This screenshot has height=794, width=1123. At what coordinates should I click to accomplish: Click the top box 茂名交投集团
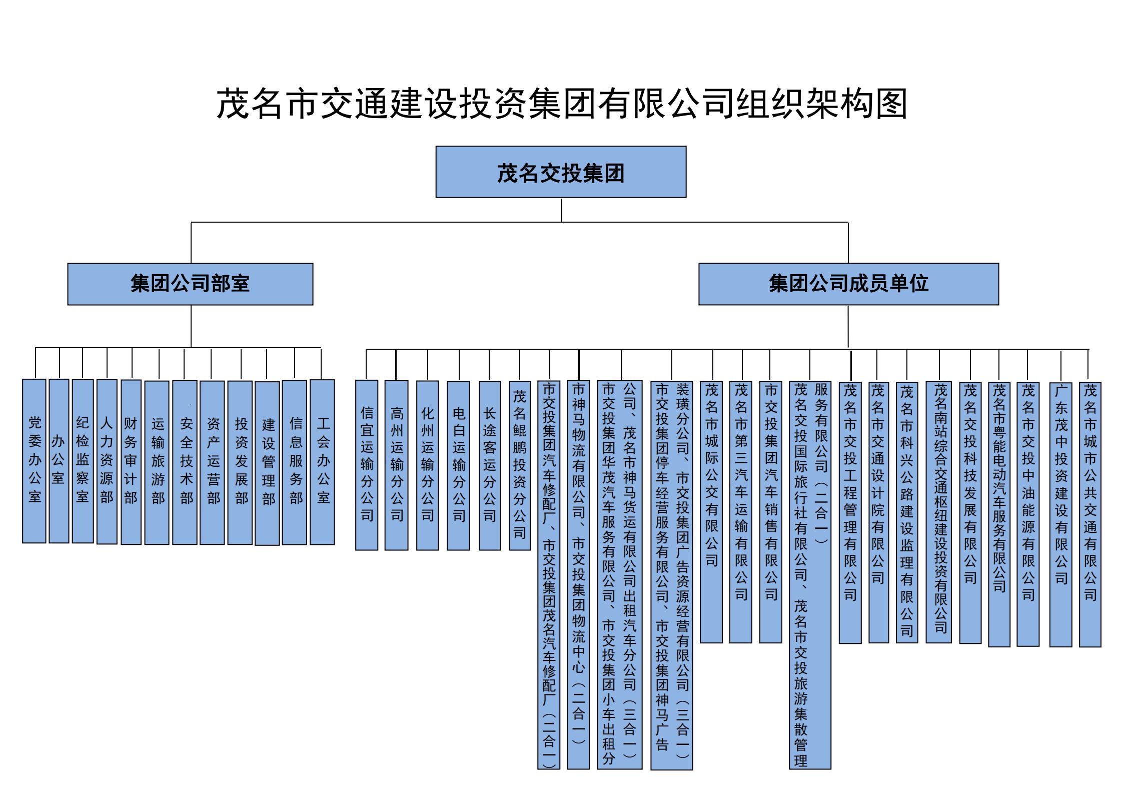(561, 172)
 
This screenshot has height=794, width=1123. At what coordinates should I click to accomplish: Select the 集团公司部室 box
(190, 284)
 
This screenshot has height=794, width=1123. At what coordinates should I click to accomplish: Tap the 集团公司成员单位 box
(848, 284)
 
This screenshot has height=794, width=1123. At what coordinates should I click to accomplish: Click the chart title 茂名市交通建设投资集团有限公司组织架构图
(562, 104)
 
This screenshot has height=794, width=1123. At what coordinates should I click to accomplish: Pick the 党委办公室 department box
(34, 461)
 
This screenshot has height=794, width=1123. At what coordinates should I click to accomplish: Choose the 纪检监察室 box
(83, 461)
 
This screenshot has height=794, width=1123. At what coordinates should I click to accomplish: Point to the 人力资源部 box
(107, 461)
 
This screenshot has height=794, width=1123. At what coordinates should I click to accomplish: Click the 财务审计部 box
(131, 462)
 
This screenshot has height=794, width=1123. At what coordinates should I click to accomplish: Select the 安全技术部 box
(185, 462)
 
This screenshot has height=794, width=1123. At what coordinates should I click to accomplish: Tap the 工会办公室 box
(322, 462)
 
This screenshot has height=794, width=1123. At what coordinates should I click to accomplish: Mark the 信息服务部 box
(294, 462)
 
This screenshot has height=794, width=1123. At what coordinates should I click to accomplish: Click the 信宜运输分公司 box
(367, 465)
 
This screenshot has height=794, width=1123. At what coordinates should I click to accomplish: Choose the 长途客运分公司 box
(489, 466)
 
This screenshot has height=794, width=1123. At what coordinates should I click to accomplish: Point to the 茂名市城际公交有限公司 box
(711, 512)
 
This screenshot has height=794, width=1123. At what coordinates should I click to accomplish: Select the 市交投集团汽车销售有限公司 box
(770, 512)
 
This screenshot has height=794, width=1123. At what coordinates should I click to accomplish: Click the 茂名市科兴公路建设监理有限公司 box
(906, 512)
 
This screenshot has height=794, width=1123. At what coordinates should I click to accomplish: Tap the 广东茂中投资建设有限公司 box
(1060, 514)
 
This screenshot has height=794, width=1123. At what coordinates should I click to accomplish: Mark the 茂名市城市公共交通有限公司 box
(1090, 514)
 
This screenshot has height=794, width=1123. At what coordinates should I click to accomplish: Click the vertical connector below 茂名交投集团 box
(561, 210)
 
